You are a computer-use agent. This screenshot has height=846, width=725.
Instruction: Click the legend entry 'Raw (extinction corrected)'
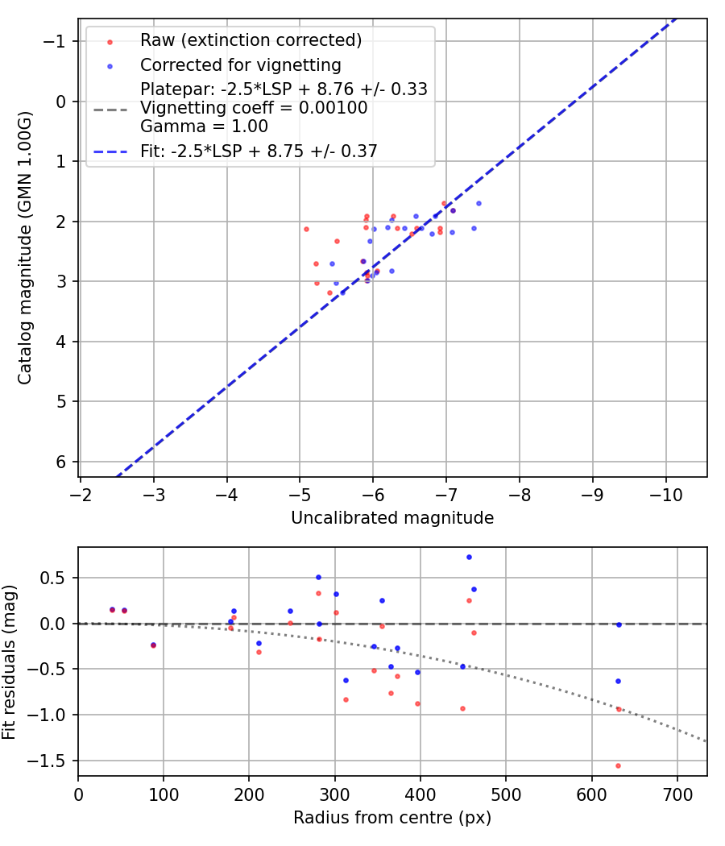(251, 40)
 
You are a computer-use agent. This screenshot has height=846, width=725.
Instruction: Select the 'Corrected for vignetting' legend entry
(240, 64)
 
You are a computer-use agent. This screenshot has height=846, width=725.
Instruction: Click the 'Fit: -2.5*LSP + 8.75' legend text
(259, 151)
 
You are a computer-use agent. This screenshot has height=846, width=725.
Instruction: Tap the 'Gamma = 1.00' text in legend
(204, 126)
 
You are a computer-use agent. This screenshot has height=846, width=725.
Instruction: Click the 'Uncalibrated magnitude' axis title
(392, 518)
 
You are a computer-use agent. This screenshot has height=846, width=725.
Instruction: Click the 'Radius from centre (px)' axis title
(392, 819)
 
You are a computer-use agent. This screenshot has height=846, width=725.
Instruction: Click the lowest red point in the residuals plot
(618, 765)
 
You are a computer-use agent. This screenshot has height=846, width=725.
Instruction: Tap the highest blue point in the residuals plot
(469, 557)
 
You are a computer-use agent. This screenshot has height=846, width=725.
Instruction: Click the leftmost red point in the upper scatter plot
(306, 229)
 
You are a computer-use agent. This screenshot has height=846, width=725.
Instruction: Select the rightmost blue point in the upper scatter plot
(478, 203)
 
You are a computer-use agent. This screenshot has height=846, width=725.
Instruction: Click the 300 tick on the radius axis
(334, 793)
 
